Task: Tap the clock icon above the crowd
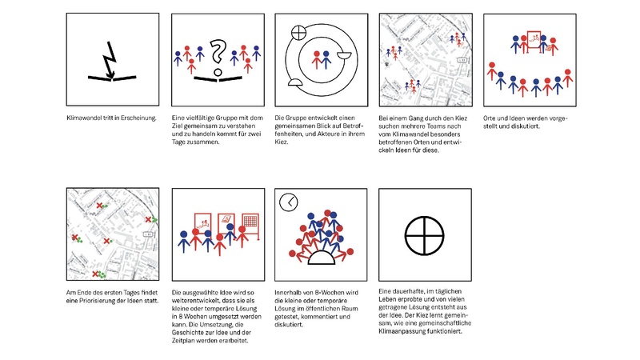[288, 202]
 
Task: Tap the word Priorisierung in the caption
[106, 300]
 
